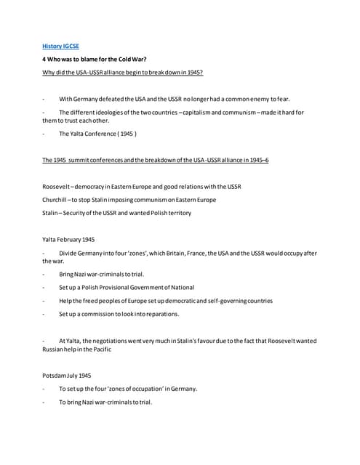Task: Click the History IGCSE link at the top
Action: (x=60, y=46)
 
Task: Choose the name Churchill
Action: (x=57, y=199)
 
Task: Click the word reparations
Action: (x=160, y=314)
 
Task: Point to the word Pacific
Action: (x=100, y=349)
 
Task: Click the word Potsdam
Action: (x=55, y=376)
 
